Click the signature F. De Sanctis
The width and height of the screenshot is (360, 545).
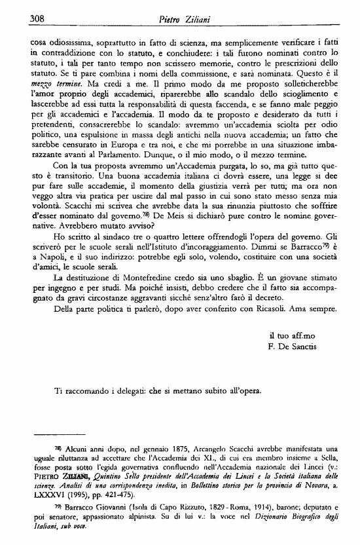tap(293, 347)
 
